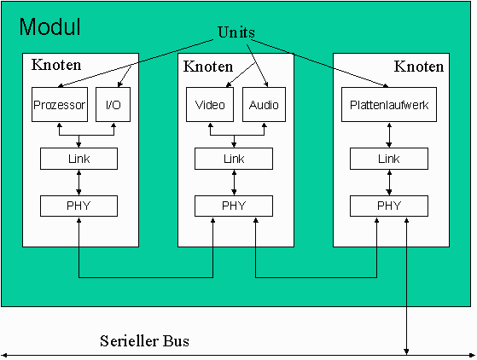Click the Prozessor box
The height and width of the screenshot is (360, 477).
coord(60,105)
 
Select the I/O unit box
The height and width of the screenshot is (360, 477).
coord(113,105)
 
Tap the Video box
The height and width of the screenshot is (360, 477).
coord(210,105)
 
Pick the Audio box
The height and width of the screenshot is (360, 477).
coord(264,105)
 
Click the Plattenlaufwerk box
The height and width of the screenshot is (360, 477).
coord(389,105)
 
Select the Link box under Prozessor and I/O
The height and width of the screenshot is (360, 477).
coord(79,159)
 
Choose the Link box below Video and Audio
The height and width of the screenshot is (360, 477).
coord(234,159)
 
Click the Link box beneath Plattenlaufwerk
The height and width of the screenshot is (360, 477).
coord(389,159)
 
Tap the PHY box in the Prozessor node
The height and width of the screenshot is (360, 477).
coord(79,206)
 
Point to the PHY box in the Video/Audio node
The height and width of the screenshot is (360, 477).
coord(234,206)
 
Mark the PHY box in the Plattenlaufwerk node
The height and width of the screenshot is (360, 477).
coord(389,206)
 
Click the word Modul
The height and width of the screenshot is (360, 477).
coord(49,26)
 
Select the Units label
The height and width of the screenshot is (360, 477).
coord(236,32)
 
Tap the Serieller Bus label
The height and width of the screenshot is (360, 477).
coord(144,341)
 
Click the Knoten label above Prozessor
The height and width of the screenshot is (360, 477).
coord(56,65)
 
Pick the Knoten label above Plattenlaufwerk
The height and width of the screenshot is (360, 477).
coord(419,67)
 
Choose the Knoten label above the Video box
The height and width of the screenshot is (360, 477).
coord(208,67)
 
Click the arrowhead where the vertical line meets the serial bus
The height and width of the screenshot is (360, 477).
coord(406,351)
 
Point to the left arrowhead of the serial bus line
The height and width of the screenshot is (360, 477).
coord(4,355)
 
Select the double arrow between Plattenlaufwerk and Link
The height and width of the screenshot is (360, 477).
coord(389,135)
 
